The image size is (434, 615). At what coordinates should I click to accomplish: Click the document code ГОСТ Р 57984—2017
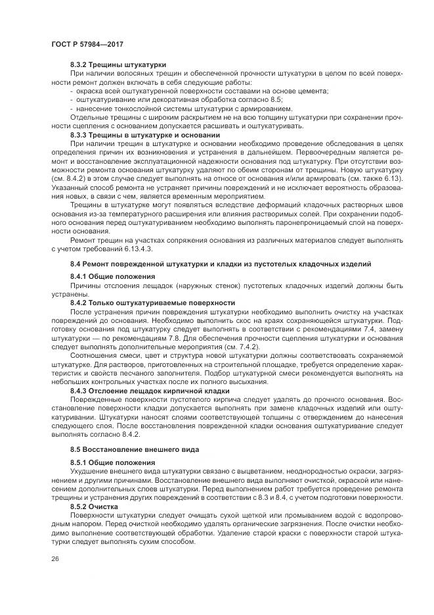[x=87, y=44]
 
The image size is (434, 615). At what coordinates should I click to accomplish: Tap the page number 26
[x=54, y=558]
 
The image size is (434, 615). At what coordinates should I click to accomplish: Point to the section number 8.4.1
[x=79, y=276]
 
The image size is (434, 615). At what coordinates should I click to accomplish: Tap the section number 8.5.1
[x=79, y=462]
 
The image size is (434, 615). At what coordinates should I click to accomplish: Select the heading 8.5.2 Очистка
[x=94, y=508]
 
